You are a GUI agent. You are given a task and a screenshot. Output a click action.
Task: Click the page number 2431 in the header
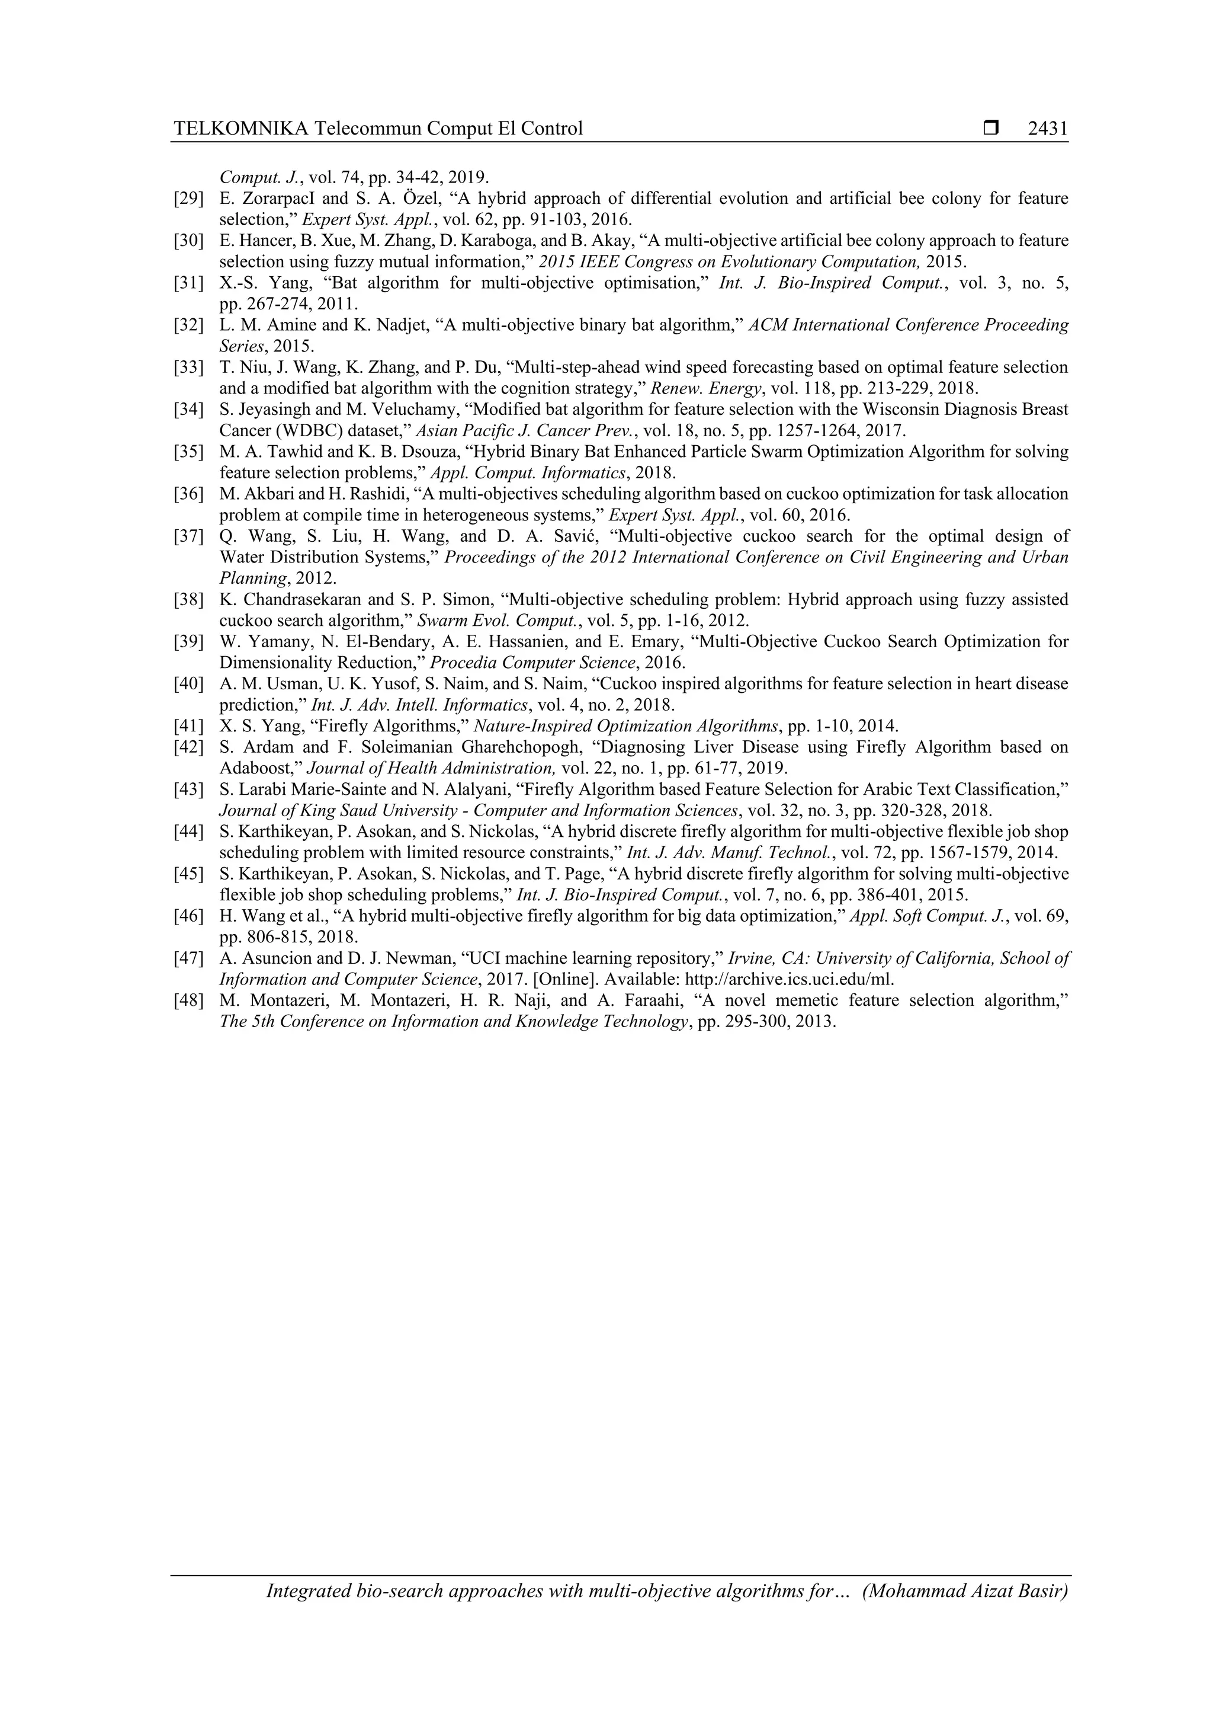point(1047,129)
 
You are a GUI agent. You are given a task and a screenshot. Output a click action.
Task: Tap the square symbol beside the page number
point(991,129)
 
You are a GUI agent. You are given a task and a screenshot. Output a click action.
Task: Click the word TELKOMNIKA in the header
point(240,129)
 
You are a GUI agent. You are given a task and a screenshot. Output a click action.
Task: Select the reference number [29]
point(188,199)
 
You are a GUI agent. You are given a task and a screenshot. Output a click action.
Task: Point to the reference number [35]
point(188,452)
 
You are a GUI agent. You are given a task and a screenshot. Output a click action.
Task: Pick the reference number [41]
point(188,725)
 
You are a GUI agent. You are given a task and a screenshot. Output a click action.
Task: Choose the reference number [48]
point(188,1000)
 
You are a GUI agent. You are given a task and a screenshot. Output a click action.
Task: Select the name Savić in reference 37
point(577,536)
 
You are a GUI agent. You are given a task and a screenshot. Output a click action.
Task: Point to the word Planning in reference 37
point(252,578)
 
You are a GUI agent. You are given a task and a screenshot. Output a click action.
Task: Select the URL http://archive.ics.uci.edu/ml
point(790,980)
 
